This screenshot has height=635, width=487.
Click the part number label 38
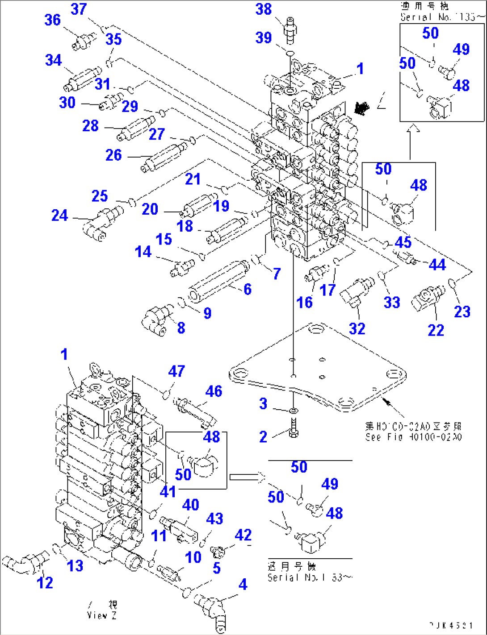[x=264, y=9]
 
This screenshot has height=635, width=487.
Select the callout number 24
[x=59, y=216]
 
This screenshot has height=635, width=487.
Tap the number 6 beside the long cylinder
[x=248, y=289]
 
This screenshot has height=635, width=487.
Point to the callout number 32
[x=357, y=329]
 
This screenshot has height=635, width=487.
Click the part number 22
[x=436, y=330]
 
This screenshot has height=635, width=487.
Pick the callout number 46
[x=214, y=391]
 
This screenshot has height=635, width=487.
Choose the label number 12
[x=45, y=582]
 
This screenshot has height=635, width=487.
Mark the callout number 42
[x=243, y=535]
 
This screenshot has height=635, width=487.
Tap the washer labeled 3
[x=293, y=410]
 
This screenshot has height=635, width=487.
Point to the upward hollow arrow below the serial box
[x=414, y=129]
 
